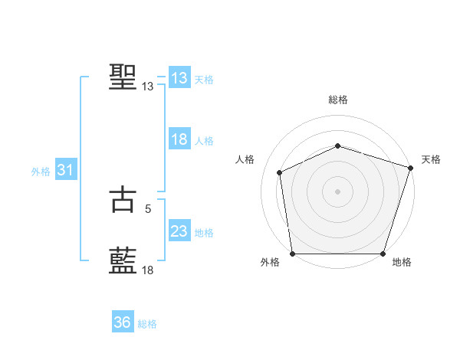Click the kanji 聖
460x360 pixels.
[123, 77]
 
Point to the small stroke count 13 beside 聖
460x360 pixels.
[147, 87]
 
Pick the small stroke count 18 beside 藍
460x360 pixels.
[147, 270]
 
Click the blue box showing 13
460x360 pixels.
[179, 78]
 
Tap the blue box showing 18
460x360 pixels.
[179, 139]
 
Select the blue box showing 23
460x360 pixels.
[179, 231]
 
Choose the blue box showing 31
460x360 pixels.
[65, 170]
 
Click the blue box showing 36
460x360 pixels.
[122, 322]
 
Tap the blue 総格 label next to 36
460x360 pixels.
[147, 324]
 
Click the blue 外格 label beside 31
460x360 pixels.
[41, 172]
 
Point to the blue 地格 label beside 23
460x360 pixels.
[204, 233]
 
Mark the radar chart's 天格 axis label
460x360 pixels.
[431, 159]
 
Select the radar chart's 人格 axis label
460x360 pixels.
[245, 159]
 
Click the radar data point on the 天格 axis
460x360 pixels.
[411, 168]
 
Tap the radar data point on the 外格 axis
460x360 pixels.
[292, 254]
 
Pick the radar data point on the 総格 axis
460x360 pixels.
[337, 146]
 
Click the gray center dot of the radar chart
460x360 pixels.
[337, 191]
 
